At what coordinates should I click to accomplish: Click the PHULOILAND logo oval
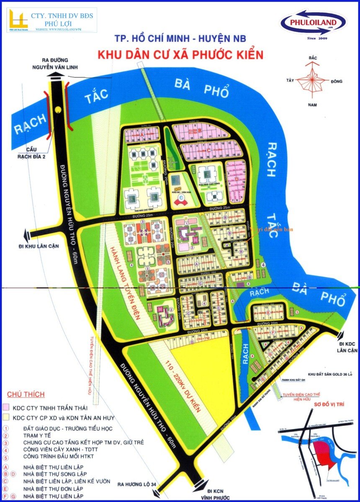click(x=313, y=23)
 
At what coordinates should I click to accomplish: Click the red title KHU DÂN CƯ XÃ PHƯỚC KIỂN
click(x=180, y=55)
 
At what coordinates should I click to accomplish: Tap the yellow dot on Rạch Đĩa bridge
click(x=57, y=110)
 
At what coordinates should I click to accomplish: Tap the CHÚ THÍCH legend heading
click(x=26, y=394)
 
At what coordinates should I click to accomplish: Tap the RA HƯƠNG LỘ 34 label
click(x=137, y=484)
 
